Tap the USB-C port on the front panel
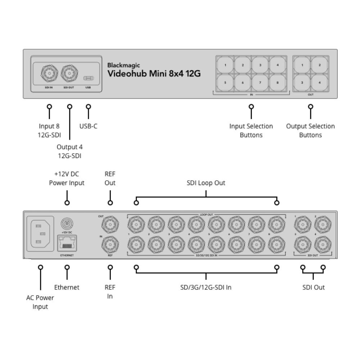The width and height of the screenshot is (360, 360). [88, 78]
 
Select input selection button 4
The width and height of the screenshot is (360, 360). [278, 65]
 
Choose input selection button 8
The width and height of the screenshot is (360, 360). [278, 82]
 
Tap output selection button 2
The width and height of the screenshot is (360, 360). [320, 65]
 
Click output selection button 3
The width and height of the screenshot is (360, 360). [302, 82]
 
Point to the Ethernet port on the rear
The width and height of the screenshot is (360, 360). [67, 245]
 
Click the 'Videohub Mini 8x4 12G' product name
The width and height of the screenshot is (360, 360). [154, 74]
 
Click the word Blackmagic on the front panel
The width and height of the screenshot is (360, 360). [123, 66]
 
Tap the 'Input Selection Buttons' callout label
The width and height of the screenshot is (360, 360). [251, 131]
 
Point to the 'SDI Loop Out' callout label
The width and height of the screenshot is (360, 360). [206, 183]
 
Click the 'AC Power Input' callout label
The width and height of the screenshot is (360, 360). [40, 302]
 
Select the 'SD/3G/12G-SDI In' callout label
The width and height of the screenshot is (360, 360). [206, 287]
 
